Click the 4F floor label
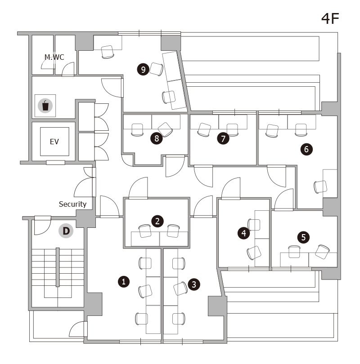[x=330, y=18]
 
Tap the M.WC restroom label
[x=54, y=57]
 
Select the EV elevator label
[x=54, y=142]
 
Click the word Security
[x=72, y=204]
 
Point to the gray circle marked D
[x=66, y=231]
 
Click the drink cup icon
[x=45, y=106]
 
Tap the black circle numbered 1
[x=124, y=282]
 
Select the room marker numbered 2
[x=157, y=221]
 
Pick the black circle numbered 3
[x=194, y=284]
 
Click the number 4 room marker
[x=243, y=233]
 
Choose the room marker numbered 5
[x=303, y=237]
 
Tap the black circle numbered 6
[x=306, y=149]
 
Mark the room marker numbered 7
[x=223, y=138]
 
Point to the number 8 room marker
[x=157, y=138]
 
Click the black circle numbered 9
[x=143, y=69]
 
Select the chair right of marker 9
[x=157, y=69]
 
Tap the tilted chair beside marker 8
[x=165, y=129]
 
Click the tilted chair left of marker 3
[x=180, y=289]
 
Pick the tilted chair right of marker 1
[x=145, y=291]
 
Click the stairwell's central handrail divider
[x=58, y=267]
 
